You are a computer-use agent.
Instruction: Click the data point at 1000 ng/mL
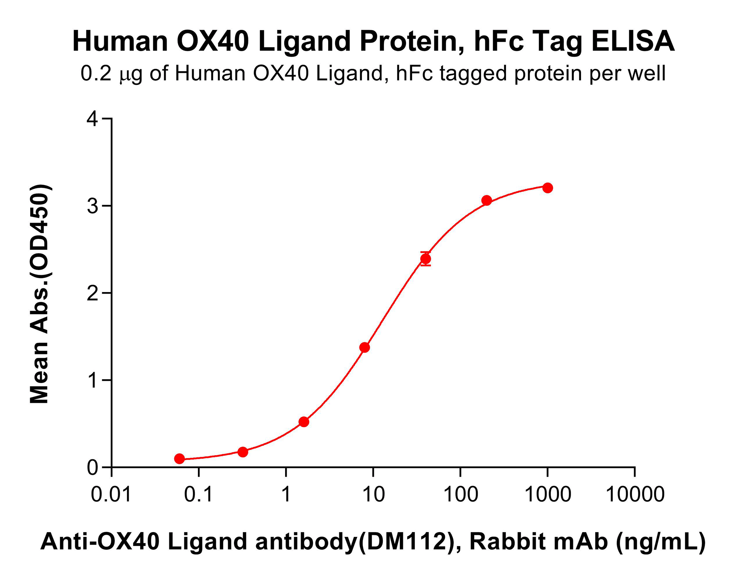coord(547,188)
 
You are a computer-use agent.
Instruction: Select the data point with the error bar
coord(425,259)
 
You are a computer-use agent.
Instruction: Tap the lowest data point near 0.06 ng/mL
coord(179,459)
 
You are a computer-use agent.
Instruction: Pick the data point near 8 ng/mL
coord(365,347)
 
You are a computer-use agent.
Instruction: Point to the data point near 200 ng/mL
coord(487,200)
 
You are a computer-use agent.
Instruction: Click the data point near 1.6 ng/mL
coord(304,422)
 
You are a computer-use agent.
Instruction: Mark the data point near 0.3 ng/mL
coord(243,452)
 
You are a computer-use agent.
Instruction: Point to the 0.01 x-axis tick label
coord(111,495)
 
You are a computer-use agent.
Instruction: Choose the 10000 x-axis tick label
coord(635,495)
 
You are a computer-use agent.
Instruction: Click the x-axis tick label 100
coord(460,495)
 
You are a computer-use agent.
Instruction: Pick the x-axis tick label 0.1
coord(198,495)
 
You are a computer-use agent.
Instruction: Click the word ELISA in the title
coord(633,41)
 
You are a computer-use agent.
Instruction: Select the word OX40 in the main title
coord(213,41)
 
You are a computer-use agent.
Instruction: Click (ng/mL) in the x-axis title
coord(661,542)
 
